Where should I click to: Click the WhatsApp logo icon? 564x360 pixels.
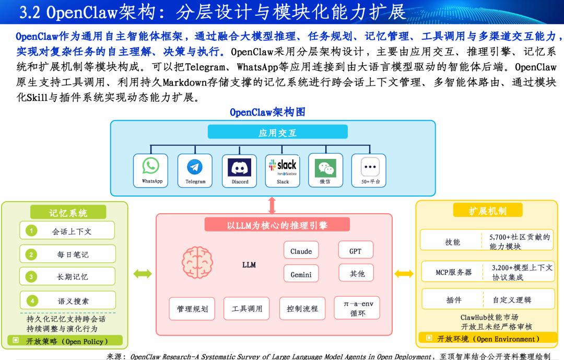coord(151,166)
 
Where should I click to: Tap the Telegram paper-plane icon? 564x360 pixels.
coord(195,167)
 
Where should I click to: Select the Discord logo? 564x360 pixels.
coord(239,167)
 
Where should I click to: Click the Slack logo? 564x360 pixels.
coord(283,167)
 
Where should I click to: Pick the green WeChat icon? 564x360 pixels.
coord(325,168)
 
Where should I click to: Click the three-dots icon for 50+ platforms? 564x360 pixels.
coord(370,167)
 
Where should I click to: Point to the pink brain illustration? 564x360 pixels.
coord(197,262)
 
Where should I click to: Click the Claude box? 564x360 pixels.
coord(301,251)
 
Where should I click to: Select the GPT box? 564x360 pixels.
coord(356,251)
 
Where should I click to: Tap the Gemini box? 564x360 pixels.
coord(301,274)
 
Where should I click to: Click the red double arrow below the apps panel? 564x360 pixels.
coord(272,205)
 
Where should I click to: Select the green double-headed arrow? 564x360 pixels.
coord(143,274)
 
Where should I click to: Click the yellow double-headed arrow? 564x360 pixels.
coord(404,274)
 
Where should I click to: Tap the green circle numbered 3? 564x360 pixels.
coord(31,276)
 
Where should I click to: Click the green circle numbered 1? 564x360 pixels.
coord(31,230)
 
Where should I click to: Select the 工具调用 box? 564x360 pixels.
coord(246,308)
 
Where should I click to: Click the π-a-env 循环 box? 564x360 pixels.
coord(357,308)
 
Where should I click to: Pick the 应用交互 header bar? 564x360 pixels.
coord(277,132)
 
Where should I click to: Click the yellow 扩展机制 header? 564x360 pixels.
coord(487,210)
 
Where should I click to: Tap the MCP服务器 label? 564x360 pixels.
coord(453,272)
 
